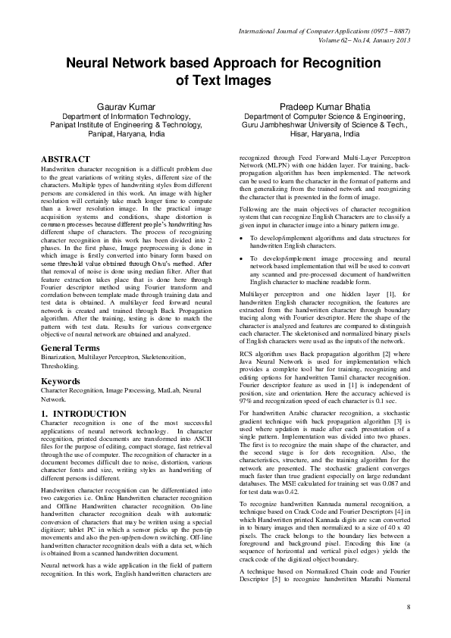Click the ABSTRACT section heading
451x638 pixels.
click(x=65, y=159)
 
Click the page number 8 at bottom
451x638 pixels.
click(x=408, y=608)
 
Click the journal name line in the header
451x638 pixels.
click(x=324, y=33)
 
